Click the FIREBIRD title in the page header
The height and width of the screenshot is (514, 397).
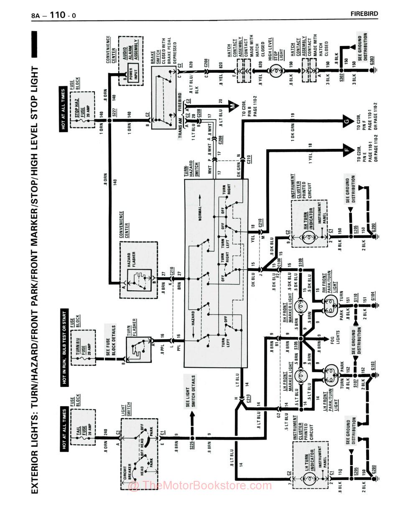[364, 14]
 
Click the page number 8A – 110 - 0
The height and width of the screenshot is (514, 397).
[54, 16]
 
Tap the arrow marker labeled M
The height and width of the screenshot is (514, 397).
[232, 106]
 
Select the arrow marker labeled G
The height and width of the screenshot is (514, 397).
[346, 122]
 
